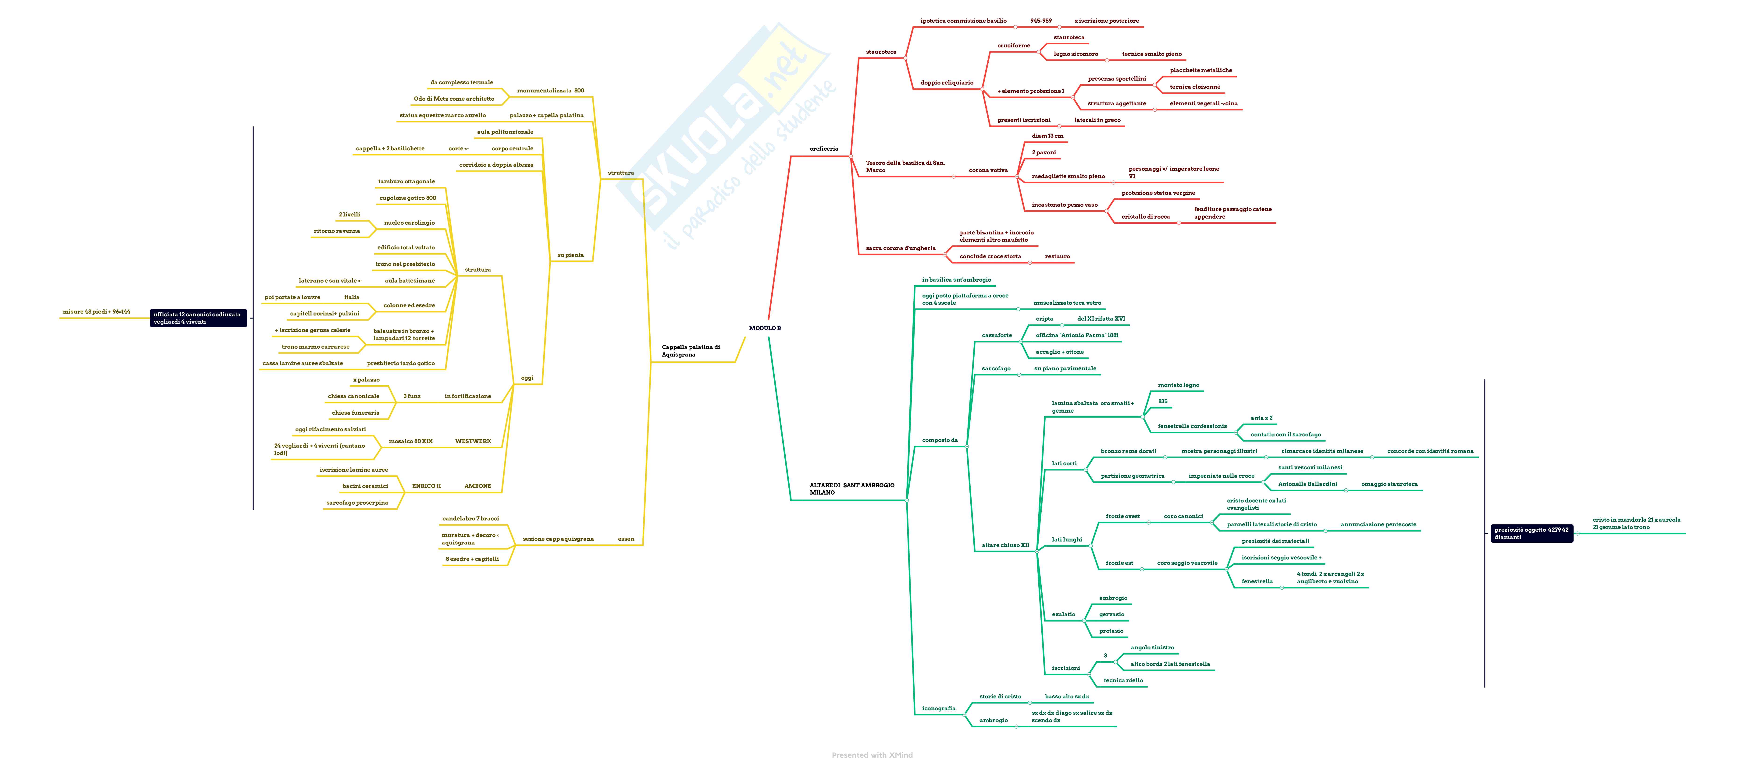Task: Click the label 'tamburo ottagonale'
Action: coord(406,181)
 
